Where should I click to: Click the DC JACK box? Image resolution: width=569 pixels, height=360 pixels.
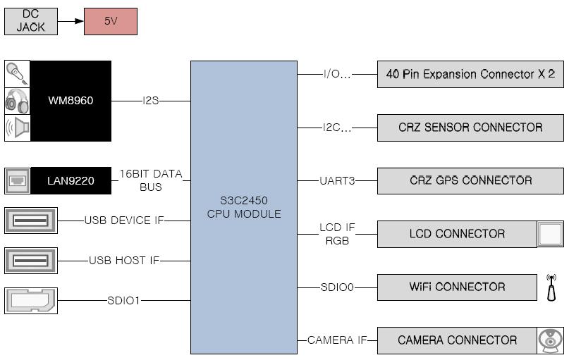[x=31, y=21]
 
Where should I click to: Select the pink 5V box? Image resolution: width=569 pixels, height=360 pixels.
[x=111, y=21]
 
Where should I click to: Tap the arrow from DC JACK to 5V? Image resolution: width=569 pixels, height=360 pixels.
[x=71, y=21]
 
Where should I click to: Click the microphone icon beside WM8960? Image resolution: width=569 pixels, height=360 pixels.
[x=17, y=73]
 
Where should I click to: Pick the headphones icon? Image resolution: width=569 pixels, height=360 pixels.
[x=17, y=101]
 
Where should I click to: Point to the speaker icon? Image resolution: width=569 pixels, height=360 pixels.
[x=17, y=128]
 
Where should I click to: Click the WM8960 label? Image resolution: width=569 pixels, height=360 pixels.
[x=71, y=101]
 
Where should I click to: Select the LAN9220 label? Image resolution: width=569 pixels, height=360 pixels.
[x=71, y=180]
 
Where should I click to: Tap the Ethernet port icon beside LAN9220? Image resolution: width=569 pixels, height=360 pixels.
[x=18, y=180]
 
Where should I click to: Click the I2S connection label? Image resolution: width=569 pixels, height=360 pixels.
[x=151, y=101]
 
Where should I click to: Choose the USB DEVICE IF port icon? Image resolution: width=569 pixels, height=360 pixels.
[x=31, y=221]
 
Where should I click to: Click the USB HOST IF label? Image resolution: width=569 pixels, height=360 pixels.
[x=124, y=260]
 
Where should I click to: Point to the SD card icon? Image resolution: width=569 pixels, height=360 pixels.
[x=31, y=301]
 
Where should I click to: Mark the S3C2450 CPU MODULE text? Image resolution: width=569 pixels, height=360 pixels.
[x=244, y=207]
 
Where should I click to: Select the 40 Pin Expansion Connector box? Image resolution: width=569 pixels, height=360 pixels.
[x=470, y=74]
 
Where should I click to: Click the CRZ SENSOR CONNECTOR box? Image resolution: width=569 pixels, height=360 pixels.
[x=470, y=128]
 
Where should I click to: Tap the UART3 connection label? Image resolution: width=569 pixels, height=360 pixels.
[x=337, y=180]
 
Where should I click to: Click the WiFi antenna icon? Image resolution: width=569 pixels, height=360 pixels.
[x=551, y=287]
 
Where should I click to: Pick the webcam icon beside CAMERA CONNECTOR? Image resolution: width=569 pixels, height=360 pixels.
[x=551, y=340]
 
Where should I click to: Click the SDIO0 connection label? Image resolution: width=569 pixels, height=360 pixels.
[x=337, y=287]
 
